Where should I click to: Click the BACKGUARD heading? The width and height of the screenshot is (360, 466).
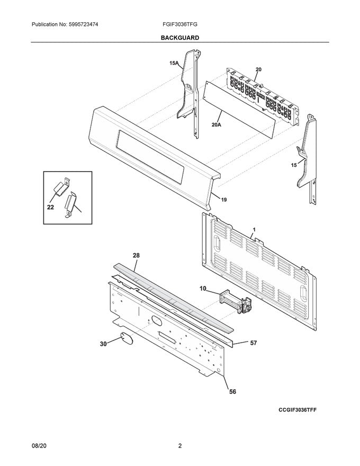pyautogui.click(x=180, y=38)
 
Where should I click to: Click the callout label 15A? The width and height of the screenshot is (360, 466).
pyautogui.click(x=174, y=64)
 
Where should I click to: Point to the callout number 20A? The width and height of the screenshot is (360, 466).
pyautogui.click(x=216, y=125)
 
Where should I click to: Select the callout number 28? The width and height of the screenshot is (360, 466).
pyautogui.click(x=136, y=256)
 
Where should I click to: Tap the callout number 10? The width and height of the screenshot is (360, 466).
pyautogui.click(x=203, y=289)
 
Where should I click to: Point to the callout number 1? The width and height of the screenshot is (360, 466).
pyautogui.click(x=254, y=230)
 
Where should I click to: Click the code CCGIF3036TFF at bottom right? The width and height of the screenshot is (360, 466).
pyautogui.click(x=301, y=410)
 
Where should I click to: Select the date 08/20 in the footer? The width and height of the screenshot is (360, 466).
pyautogui.click(x=40, y=446)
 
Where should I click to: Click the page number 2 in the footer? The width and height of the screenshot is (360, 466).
pyautogui.click(x=180, y=446)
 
